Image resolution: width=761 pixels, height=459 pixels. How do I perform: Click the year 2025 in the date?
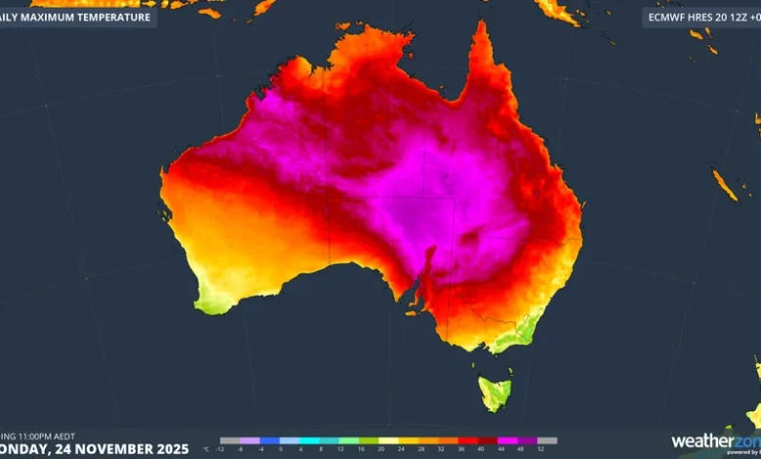tap(166, 448)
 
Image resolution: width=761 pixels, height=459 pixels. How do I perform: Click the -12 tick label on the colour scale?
tap(221, 450)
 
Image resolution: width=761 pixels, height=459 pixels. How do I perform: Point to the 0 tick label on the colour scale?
tap(280, 450)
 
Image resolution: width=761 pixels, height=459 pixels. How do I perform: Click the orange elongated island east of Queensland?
tap(725, 185)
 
